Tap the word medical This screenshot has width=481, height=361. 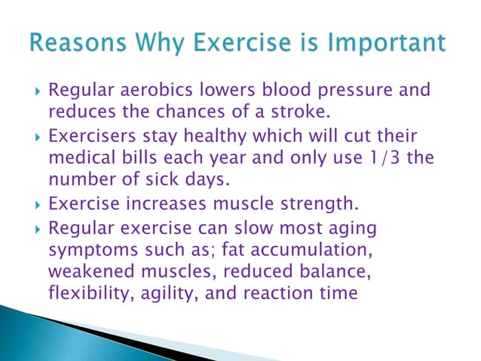coord(82,159)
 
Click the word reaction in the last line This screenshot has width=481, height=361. coord(266,292)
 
